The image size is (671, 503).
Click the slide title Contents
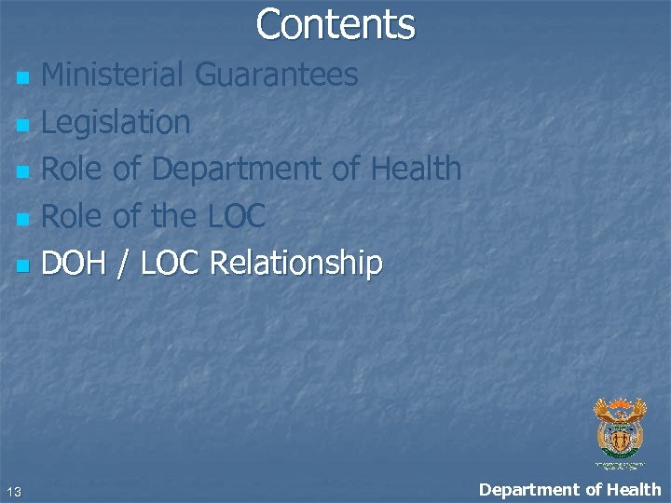pos(335,24)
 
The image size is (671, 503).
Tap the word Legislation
pos(116,122)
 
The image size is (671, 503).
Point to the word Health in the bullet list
pos(416,169)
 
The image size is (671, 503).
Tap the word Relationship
pos(296,265)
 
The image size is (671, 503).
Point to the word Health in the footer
pos(634,489)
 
